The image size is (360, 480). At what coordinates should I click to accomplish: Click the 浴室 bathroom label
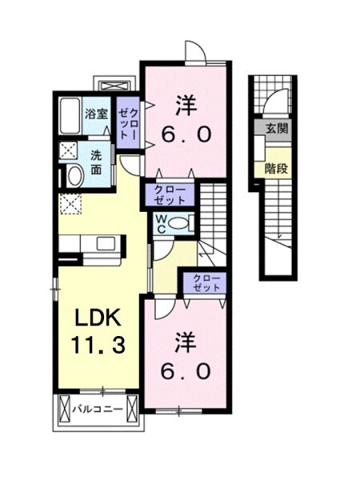pos(97,114)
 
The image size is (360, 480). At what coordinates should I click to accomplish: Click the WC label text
pos(161,222)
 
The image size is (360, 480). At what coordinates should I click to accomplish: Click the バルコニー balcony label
pos(97,409)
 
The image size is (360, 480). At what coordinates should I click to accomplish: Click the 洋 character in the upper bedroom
pos(185,103)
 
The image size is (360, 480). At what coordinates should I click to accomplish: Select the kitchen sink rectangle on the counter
pos(105,243)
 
